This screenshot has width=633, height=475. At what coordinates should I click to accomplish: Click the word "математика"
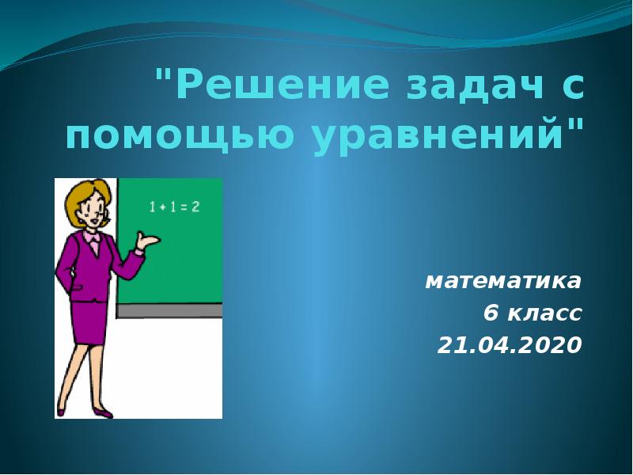click(504, 280)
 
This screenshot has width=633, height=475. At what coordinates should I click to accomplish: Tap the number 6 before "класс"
click(491, 313)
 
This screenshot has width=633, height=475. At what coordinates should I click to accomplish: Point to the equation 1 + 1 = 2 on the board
click(174, 207)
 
